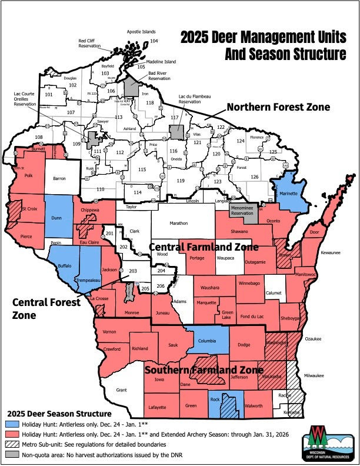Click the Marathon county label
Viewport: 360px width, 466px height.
pyautogui.click(x=179, y=224)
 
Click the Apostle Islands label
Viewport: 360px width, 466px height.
pyautogui.click(x=141, y=32)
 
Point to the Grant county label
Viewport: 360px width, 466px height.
pyautogui.click(x=122, y=390)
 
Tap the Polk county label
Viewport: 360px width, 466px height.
pyautogui.click(x=28, y=175)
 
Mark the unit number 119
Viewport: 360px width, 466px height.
pyautogui.click(x=181, y=180)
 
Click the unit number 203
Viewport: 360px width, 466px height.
pyautogui.click(x=132, y=271)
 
